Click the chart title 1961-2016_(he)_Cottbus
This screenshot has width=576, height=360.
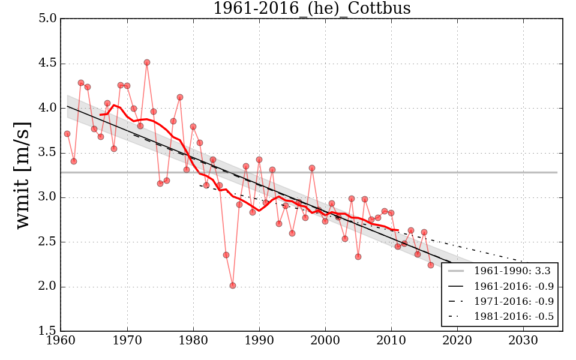pos(312,8)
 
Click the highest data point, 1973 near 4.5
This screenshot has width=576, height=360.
pos(147,62)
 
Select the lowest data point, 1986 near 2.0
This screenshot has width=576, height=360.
pos(233,286)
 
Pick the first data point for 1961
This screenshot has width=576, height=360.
pos(67,134)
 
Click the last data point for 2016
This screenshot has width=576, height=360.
pos(431,265)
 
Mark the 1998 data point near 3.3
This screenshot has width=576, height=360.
pos(312,168)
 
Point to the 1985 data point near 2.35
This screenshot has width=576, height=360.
pos(226,255)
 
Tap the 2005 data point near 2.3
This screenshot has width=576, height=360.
pos(358,257)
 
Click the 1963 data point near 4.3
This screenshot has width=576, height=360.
pos(81,83)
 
